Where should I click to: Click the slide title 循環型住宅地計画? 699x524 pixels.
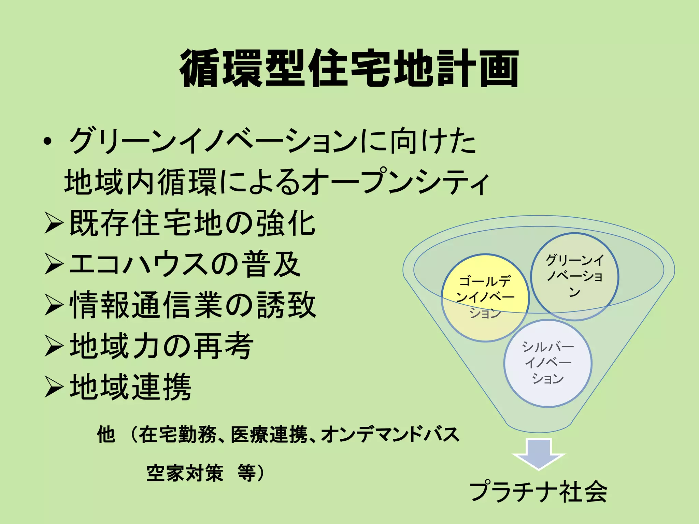[x=349, y=68]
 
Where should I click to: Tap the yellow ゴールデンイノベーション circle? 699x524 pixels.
[x=485, y=297]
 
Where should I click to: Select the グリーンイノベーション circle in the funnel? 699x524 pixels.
[x=575, y=276]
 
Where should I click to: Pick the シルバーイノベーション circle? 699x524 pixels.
[x=548, y=363]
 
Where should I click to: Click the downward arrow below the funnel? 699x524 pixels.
[x=539, y=454]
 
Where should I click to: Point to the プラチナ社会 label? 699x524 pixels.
[x=538, y=492]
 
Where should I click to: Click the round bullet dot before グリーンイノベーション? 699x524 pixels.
[x=48, y=142]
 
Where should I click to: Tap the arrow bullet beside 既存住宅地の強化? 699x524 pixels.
[x=54, y=224]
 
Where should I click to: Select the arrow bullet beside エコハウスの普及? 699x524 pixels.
[x=54, y=264]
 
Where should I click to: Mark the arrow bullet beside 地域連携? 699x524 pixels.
[x=54, y=387]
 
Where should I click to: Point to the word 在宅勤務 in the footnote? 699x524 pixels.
[x=177, y=435]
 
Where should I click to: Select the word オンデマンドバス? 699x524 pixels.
[x=390, y=435]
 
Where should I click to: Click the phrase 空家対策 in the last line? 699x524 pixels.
[x=185, y=473]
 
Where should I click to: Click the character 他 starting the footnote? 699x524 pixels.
[x=105, y=435]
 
